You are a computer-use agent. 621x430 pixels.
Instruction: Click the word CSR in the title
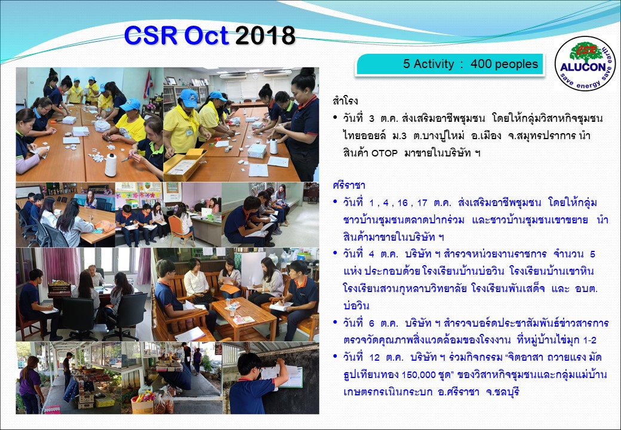[151, 35]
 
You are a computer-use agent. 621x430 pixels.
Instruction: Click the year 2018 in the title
[265, 36]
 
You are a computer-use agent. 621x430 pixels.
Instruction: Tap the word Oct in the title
[207, 35]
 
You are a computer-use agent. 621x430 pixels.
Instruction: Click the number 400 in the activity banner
[481, 64]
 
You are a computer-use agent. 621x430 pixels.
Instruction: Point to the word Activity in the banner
[434, 64]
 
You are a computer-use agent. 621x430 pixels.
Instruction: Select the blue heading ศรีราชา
[349, 185]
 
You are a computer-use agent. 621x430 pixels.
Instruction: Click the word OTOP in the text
[384, 153]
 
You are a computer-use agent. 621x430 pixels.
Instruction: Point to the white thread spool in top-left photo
[110, 165]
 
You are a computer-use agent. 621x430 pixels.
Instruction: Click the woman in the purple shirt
[30, 384]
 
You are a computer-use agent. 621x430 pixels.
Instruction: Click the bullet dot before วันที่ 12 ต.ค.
[335, 357]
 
